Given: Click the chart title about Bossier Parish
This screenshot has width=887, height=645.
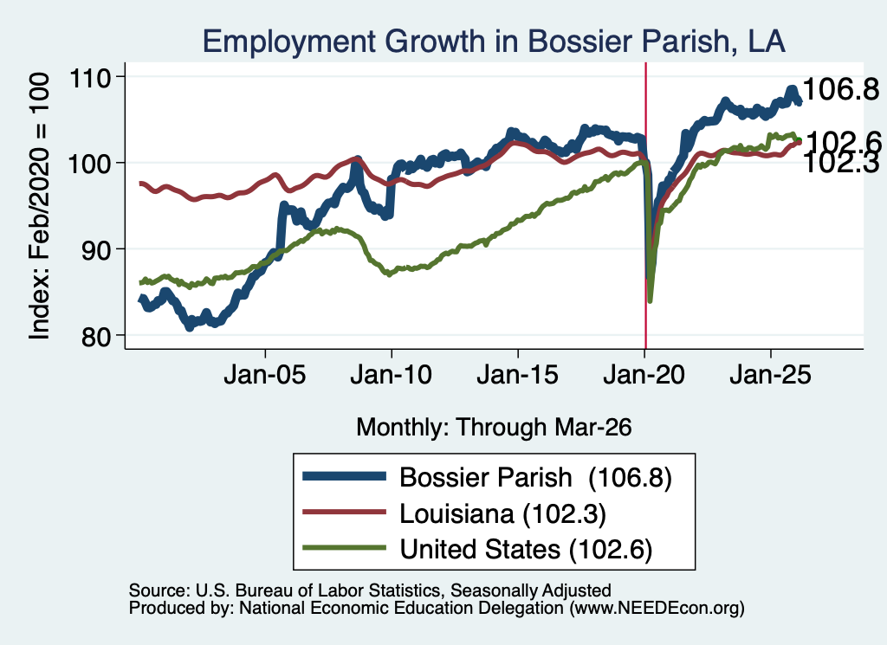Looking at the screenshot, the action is (494, 42).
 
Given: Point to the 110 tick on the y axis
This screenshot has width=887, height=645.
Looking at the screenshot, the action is (89, 77).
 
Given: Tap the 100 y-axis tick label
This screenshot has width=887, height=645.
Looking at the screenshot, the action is (89, 164).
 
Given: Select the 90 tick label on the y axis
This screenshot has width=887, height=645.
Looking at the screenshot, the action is (96, 250).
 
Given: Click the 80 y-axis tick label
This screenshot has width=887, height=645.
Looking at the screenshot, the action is (96, 336).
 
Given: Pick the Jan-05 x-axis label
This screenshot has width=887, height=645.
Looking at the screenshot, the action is (265, 375).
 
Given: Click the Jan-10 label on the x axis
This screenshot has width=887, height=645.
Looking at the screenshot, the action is (391, 375).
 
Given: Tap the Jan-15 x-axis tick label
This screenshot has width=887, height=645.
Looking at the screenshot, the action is (518, 375).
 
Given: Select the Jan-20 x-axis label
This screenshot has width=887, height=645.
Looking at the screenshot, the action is (644, 375).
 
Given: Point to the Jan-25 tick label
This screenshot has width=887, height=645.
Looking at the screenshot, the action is (770, 375).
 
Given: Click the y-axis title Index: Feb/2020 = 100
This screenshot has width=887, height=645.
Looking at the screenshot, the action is (39, 206).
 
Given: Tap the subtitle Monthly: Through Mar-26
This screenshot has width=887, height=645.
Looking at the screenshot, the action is (494, 427).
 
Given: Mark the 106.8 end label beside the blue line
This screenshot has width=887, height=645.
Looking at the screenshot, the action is (840, 89).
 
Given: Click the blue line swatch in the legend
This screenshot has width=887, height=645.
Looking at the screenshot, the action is (345, 476).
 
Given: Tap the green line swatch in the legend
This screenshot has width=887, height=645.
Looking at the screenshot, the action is (345, 547).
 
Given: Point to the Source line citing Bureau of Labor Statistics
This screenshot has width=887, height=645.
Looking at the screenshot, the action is (370, 590).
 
